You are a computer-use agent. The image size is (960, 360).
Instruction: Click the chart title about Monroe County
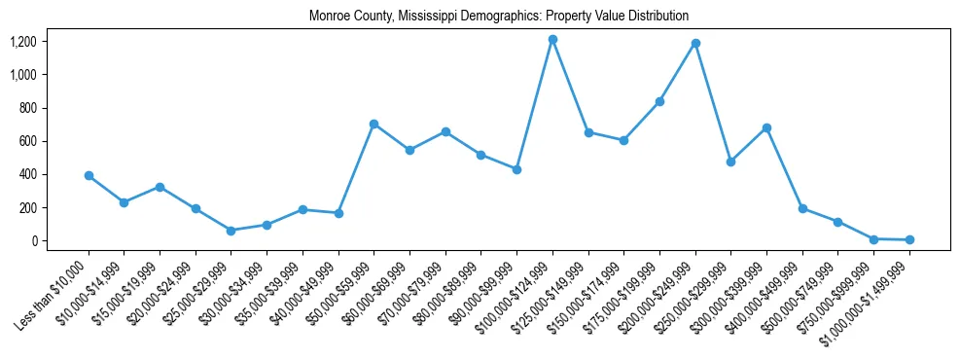click(x=499, y=16)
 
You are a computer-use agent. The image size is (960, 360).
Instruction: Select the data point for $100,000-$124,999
click(x=552, y=39)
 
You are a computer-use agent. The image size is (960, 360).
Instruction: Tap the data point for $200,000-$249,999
click(x=695, y=43)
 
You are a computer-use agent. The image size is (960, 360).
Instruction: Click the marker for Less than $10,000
click(x=89, y=176)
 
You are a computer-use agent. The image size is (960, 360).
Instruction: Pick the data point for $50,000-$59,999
click(x=373, y=124)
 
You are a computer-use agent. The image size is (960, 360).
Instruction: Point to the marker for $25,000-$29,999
click(x=231, y=231)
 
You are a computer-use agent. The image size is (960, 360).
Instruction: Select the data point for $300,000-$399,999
click(x=766, y=127)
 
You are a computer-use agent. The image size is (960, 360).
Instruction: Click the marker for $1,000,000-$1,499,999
click(x=909, y=239)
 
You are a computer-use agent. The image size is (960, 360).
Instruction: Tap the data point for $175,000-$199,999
click(x=659, y=101)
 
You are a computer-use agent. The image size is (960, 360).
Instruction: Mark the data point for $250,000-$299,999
click(x=730, y=162)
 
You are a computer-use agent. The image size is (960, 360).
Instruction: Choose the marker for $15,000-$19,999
click(x=160, y=187)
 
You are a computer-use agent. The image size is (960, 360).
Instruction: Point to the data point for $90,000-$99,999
click(x=516, y=169)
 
